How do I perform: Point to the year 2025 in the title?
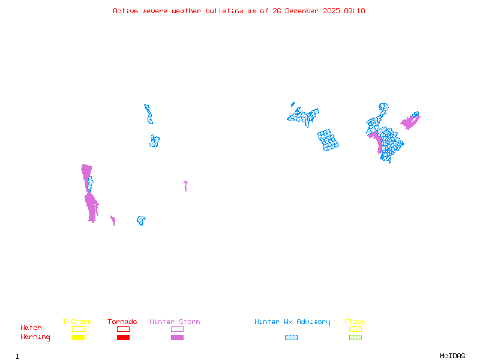(x=331, y=11)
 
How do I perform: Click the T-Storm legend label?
(x=77, y=322)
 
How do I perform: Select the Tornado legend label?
(x=122, y=322)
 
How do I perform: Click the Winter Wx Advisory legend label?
(x=292, y=322)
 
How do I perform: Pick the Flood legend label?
(x=355, y=322)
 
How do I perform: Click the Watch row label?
(x=31, y=328)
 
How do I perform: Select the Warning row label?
(x=35, y=337)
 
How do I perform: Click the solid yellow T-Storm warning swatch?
(x=78, y=338)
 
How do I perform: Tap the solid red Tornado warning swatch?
(x=123, y=338)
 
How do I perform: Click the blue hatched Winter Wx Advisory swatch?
(x=291, y=338)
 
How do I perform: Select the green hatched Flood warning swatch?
(x=355, y=338)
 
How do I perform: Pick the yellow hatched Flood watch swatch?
(x=355, y=329)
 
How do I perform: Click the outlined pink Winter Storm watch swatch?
(x=177, y=329)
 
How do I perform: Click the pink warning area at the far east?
(x=410, y=121)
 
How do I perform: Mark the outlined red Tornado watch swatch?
(x=123, y=329)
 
